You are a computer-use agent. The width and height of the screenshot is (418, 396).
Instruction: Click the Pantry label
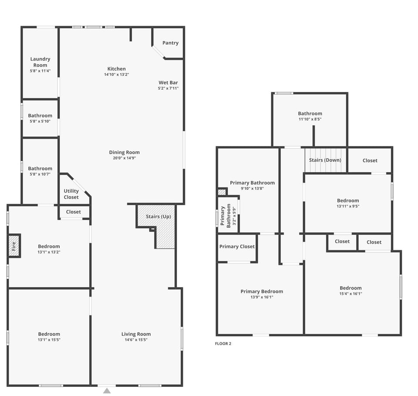170,43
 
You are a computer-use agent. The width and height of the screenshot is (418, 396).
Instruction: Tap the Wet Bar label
168,83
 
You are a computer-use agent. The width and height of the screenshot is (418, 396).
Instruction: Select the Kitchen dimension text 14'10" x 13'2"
116,74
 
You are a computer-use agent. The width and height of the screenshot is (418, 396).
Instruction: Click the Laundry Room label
40,62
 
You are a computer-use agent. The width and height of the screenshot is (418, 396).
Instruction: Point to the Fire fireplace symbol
14,246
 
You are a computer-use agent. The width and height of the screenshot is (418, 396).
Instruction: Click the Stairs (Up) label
158,217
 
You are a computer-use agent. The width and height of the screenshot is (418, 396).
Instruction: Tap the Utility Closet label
71,194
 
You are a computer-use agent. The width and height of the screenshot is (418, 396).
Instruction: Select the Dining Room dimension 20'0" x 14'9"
124,158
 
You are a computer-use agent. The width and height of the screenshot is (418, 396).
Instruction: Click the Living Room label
136,334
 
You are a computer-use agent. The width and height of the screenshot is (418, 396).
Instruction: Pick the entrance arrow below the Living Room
107,391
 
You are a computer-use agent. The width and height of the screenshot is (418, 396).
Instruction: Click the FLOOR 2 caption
223,344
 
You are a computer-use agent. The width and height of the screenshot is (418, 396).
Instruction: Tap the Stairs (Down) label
325,160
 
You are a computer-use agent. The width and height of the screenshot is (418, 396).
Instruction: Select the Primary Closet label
237,247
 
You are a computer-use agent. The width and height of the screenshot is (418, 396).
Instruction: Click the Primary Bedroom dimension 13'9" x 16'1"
262,297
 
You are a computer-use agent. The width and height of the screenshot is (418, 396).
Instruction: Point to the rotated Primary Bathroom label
226,217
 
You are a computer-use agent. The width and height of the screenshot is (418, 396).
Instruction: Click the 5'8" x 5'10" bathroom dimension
40,121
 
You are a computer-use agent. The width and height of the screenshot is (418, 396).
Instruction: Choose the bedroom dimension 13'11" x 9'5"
348,206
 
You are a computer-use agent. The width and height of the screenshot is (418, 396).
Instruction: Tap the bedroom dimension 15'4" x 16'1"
351,294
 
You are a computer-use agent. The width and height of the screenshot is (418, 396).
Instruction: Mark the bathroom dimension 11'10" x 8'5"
310,119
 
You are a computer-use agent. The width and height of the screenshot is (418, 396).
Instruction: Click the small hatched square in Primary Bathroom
222,192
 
